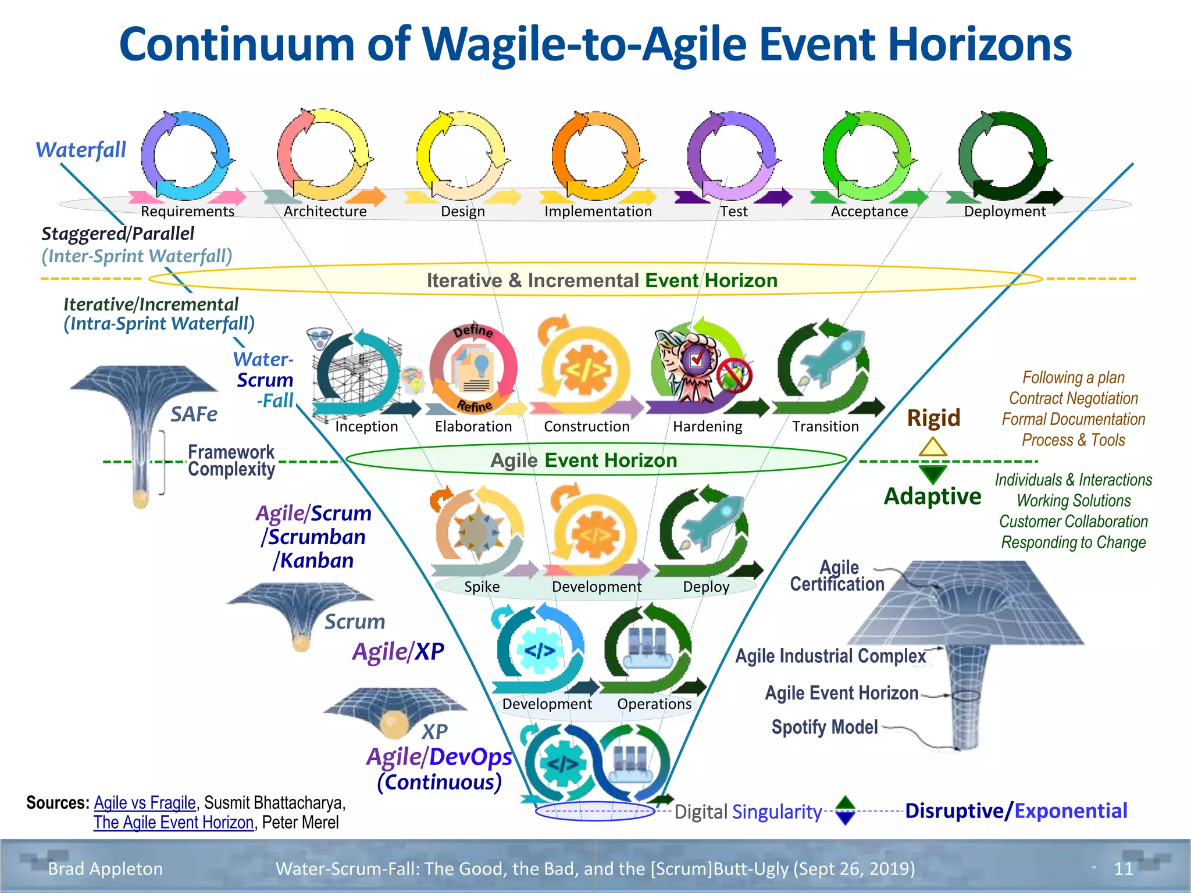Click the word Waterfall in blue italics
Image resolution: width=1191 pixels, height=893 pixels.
pyautogui.click(x=81, y=150)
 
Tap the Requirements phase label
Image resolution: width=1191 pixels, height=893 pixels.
pyautogui.click(x=187, y=211)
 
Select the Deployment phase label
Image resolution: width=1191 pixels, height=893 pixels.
pyautogui.click(x=1004, y=211)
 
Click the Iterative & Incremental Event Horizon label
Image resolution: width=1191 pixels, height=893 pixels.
pyautogui.click(x=601, y=280)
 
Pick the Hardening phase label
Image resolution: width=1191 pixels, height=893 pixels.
pyautogui.click(x=707, y=426)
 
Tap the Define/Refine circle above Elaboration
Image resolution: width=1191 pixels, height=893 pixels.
pyautogui.click(x=473, y=369)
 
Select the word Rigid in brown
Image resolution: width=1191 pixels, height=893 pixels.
pyautogui.click(x=933, y=417)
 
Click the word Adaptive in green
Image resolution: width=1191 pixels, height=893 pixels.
pyautogui.click(x=932, y=496)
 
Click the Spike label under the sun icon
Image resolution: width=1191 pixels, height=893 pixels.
pyautogui.click(x=482, y=587)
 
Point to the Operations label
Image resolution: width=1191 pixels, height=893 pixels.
pyautogui.click(x=654, y=704)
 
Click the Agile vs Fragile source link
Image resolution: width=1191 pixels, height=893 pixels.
pyautogui.click(x=145, y=802)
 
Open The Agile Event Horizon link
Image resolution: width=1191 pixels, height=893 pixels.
pyautogui.click(x=174, y=822)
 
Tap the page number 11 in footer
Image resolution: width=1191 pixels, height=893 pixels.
pyautogui.click(x=1123, y=869)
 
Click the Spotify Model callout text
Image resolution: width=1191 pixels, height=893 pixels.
pyautogui.click(x=824, y=727)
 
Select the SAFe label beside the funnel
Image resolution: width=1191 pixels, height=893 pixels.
pyautogui.click(x=194, y=414)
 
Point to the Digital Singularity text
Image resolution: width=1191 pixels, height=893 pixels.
pyautogui.click(x=748, y=812)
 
